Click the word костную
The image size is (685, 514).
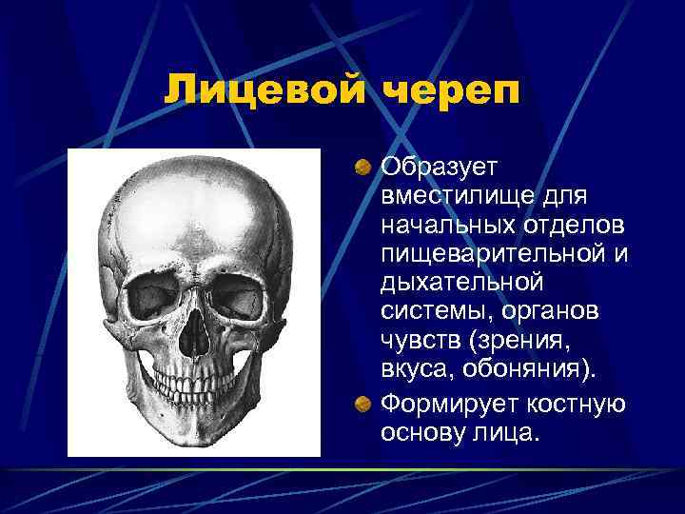pyautogui.click(x=577, y=405)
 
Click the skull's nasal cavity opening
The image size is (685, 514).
pyautogui.click(x=195, y=333)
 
